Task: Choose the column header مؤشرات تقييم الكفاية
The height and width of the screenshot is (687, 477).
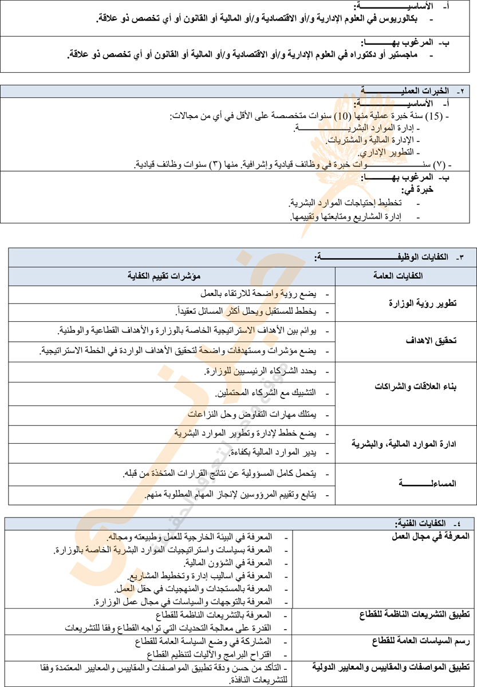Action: click(171, 277)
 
